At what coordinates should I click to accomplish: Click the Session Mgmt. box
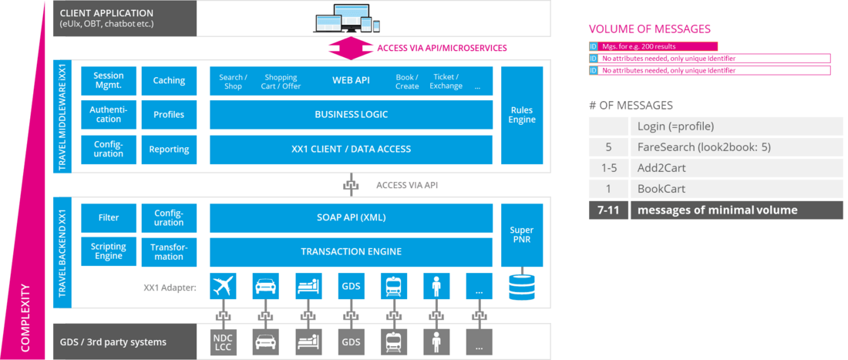coord(108,81)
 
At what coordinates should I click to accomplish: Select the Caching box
coord(168,81)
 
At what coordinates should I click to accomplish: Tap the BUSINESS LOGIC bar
coord(351,115)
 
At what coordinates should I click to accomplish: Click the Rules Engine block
coord(521,115)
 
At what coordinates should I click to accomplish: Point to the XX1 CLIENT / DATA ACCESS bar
coord(351,149)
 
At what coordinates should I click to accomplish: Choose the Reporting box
coord(168,149)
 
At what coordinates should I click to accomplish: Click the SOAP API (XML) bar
coord(351,217)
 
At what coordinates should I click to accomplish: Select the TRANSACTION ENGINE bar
coord(351,251)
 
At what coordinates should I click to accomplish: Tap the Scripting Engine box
coord(108,251)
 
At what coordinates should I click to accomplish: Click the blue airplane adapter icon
coord(223,287)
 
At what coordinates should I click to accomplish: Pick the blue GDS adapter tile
coord(351,287)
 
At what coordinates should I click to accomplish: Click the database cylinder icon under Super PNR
coord(521,287)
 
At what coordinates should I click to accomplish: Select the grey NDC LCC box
coord(223,341)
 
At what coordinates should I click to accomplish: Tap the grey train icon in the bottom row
coord(393,341)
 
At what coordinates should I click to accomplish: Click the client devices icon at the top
coord(352,18)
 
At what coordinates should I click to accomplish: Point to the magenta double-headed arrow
coord(351,48)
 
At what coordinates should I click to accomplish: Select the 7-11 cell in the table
coord(608,210)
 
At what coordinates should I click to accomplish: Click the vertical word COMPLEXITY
coord(25,318)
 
